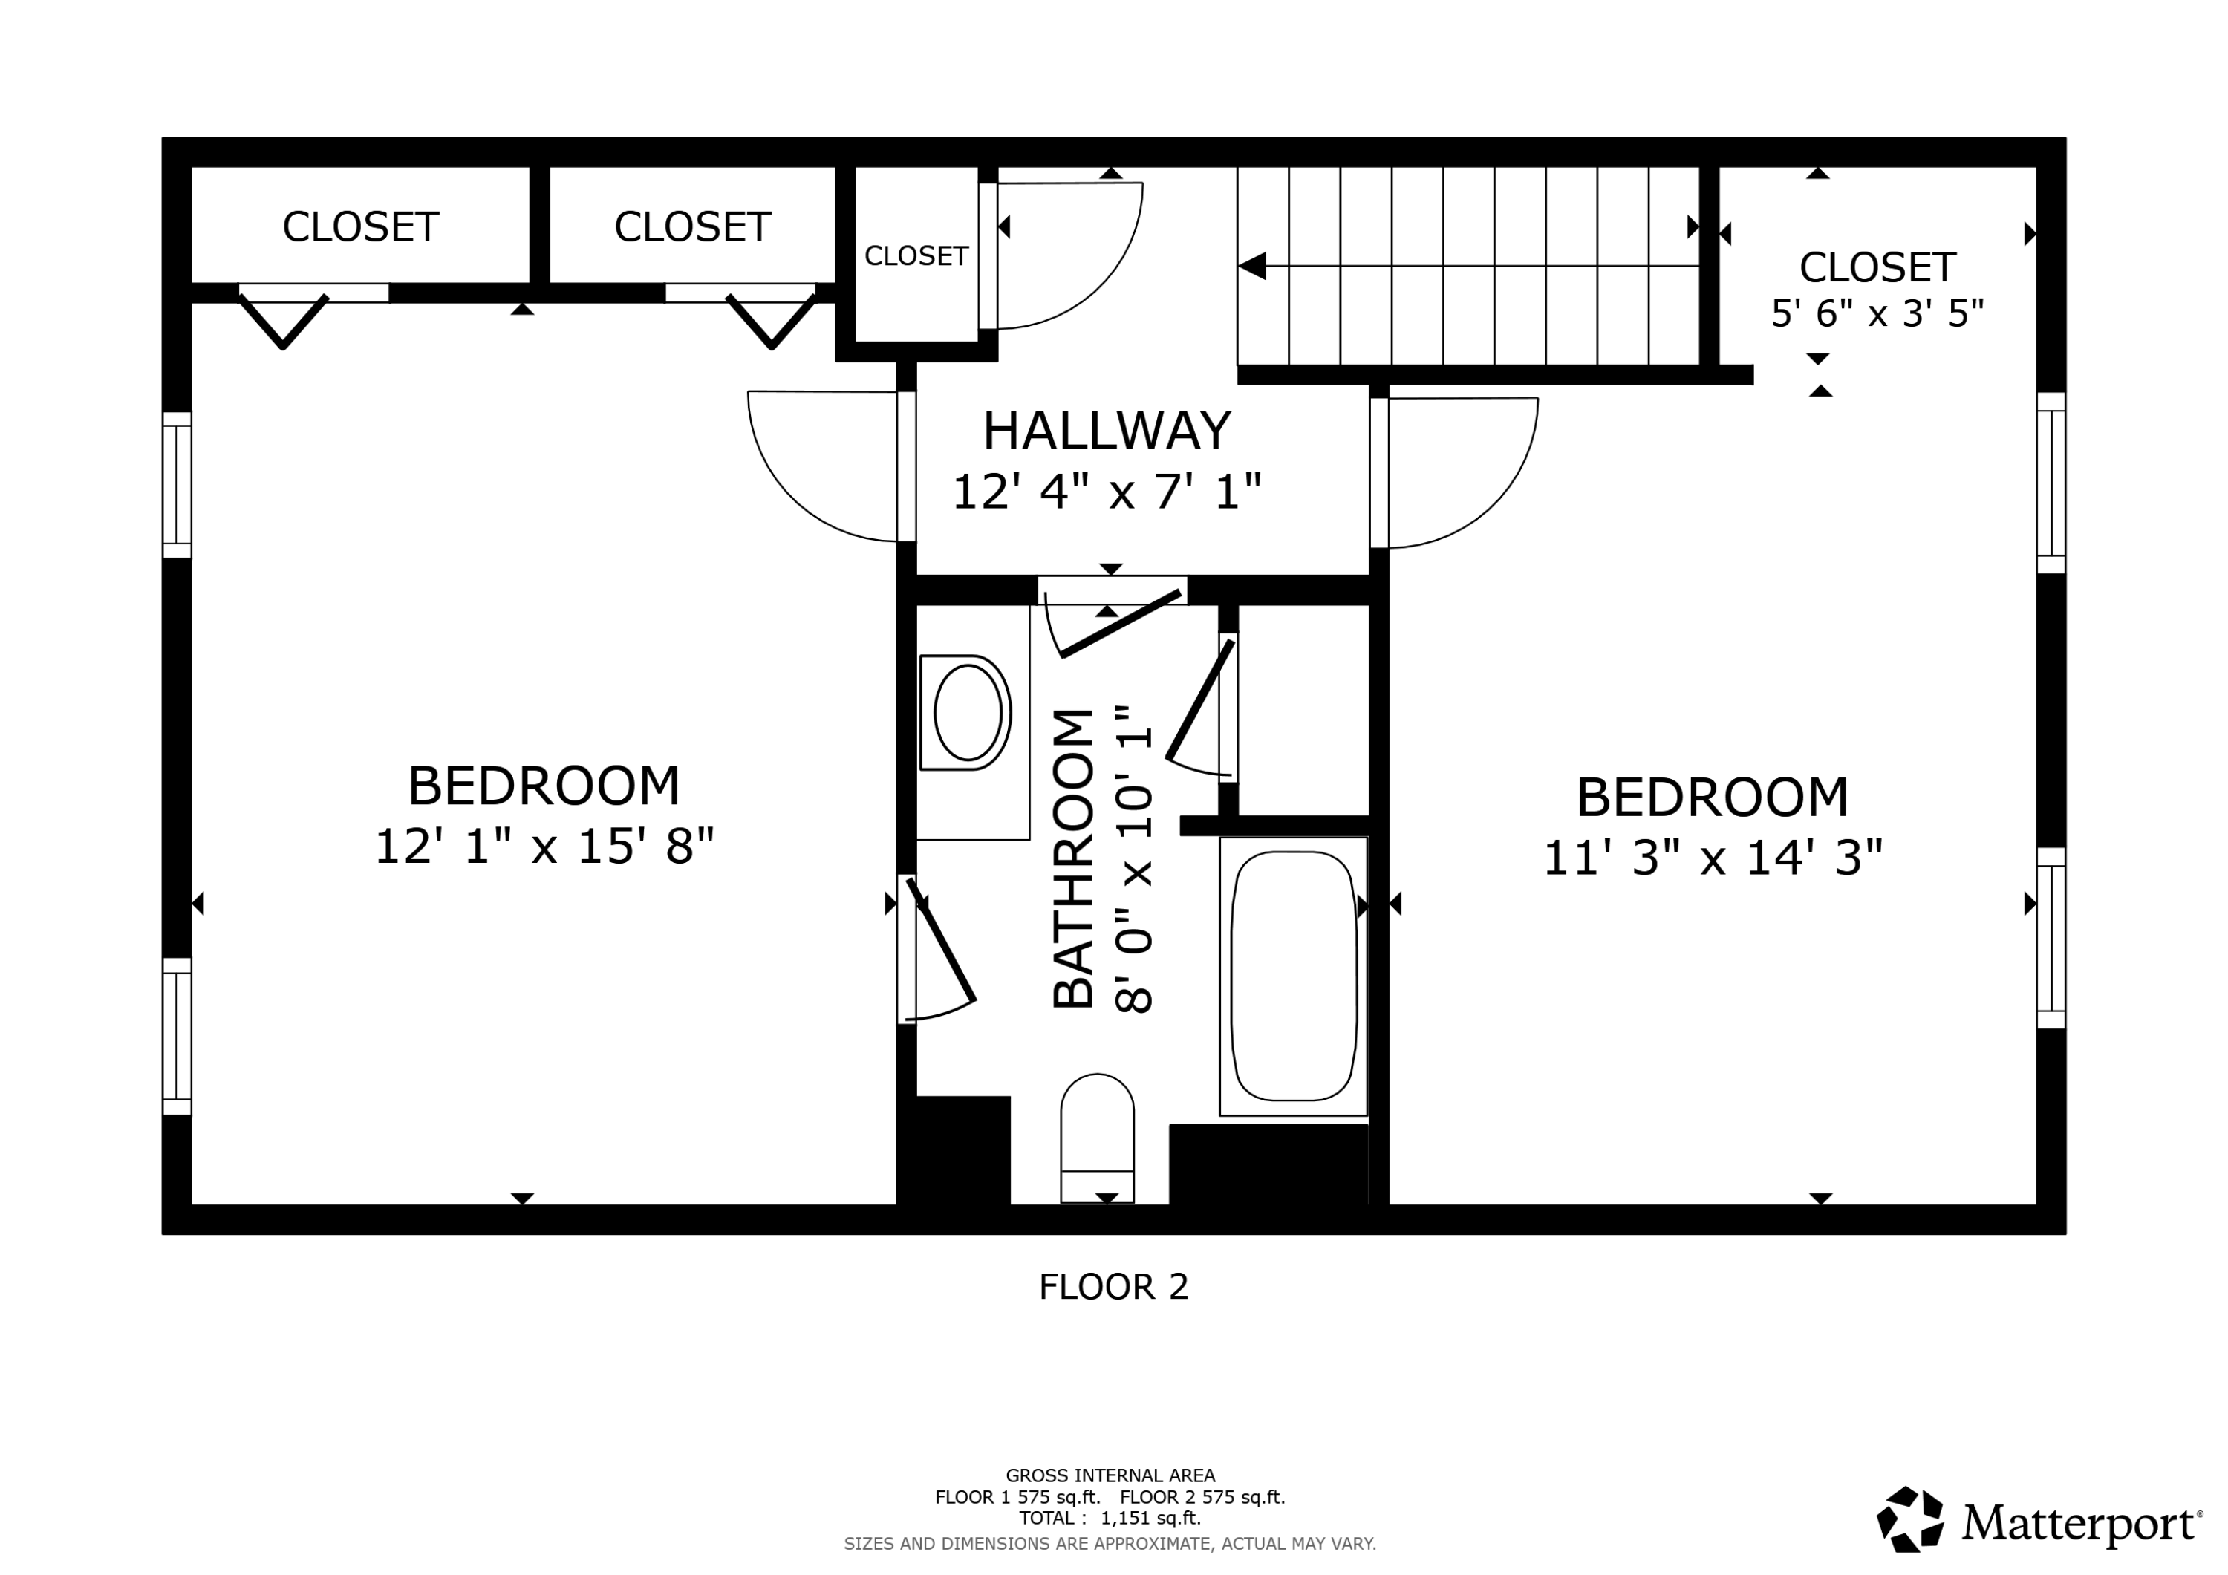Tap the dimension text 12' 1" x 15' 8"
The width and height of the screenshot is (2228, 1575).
click(x=544, y=847)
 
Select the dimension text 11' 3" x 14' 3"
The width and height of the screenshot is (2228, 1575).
click(x=1712, y=858)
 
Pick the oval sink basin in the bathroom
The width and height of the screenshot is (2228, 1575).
click(x=968, y=712)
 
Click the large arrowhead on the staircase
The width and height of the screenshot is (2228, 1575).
click(x=1253, y=266)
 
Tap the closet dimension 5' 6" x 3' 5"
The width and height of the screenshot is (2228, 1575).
click(x=1877, y=313)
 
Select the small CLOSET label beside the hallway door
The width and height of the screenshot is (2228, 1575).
click(x=916, y=256)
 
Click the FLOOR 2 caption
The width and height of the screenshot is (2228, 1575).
click(x=1113, y=1287)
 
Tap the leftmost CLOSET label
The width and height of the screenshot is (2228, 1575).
click(x=360, y=227)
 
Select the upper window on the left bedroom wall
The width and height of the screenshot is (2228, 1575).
click(x=177, y=484)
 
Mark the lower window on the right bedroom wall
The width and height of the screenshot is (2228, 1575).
click(x=2050, y=937)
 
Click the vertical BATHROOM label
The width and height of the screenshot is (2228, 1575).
click(x=1073, y=859)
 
